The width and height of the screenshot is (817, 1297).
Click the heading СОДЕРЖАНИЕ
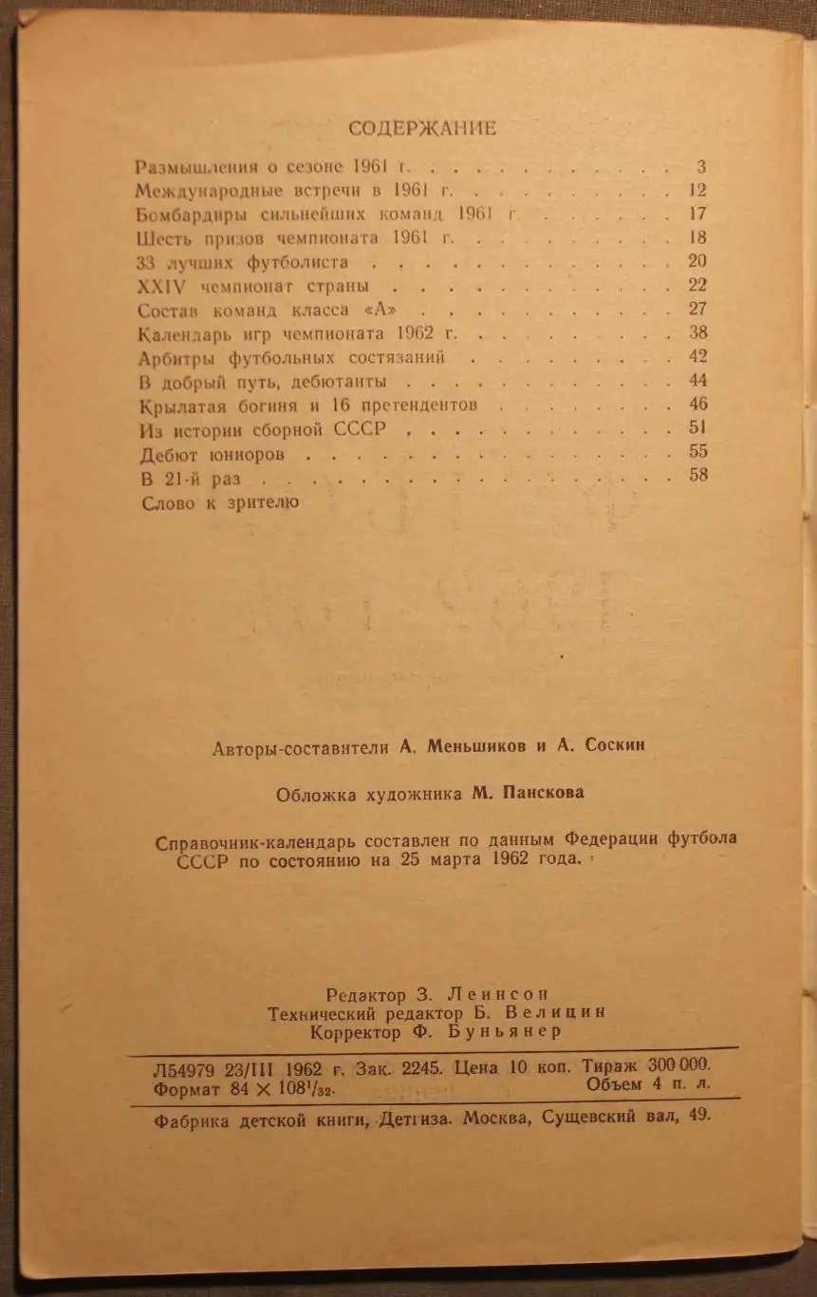point(422,127)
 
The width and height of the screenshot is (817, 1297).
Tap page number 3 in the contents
point(700,167)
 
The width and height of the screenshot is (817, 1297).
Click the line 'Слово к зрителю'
point(219,502)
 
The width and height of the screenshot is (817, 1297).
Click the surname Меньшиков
point(474,746)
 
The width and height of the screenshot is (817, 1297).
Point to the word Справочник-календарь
point(252,841)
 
